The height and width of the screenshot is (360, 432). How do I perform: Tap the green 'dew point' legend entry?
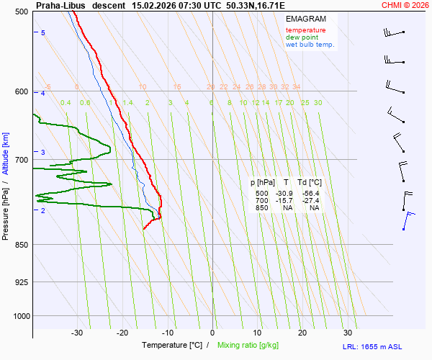click(x=302, y=37)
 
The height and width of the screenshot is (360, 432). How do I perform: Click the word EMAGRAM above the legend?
click(x=305, y=19)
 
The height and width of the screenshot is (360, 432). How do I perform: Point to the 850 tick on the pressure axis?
click(x=21, y=245)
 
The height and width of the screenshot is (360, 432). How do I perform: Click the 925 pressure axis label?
click(x=21, y=282)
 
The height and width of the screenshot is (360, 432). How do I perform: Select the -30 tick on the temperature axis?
click(x=77, y=333)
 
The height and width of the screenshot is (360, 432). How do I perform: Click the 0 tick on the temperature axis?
click(x=212, y=333)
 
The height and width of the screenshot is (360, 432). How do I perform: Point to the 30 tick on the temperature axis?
click(x=347, y=333)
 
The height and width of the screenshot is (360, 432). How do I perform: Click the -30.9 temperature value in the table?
click(x=284, y=194)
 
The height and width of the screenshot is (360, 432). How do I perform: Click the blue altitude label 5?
click(x=42, y=33)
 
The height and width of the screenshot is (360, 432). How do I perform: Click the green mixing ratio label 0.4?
click(x=66, y=103)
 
